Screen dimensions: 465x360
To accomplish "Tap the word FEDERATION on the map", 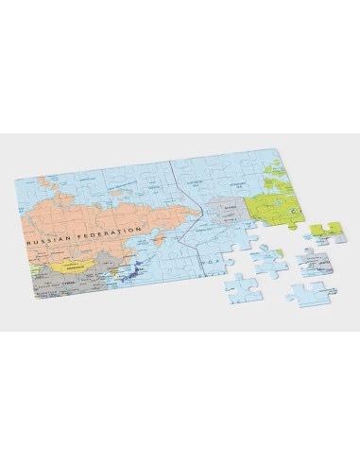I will pyautogui.click(x=112, y=232).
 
